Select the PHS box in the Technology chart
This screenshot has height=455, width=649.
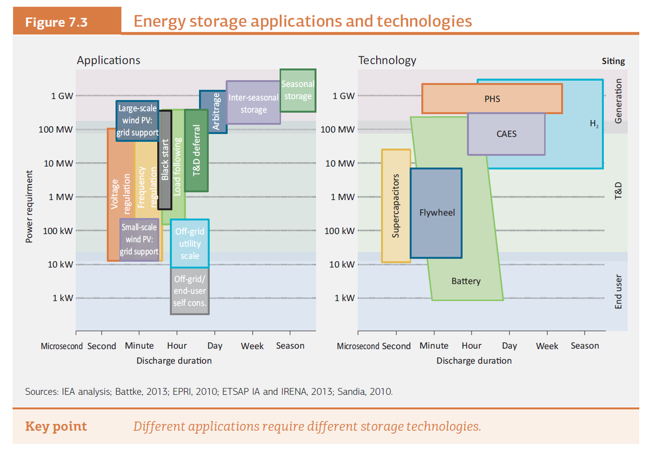pyautogui.click(x=492, y=99)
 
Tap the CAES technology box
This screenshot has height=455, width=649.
pyautogui.click(x=506, y=134)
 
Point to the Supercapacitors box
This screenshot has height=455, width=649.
pyautogui.click(x=396, y=206)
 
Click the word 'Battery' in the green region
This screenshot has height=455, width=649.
pyautogui.click(x=466, y=281)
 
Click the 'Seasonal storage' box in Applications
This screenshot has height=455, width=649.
pyautogui.click(x=297, y=90)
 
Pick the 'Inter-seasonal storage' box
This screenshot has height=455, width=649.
pyautogui.click(x=253, y=103)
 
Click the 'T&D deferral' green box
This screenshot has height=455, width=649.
pyautogui.click(x=197, y=150)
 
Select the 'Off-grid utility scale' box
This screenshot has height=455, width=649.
pyautogui.click(x=189, y=243)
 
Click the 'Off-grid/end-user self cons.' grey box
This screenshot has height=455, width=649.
pyautogui.click(x=189, y=291)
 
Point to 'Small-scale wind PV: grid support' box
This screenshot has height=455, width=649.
pyautogui.click(x=139, y=240)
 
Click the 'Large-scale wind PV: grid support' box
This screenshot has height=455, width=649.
pyautogui.click(x=137, y=121)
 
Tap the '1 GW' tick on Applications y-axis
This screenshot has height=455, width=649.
pyautogui.click(x=62, y=96)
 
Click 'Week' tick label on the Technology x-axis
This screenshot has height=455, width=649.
pyautogui.click(x=547, y=346)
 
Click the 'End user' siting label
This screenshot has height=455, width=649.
pyautogui.click(x=619, y=292)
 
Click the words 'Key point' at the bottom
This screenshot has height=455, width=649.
pyautogui.click(x=56, y=426)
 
